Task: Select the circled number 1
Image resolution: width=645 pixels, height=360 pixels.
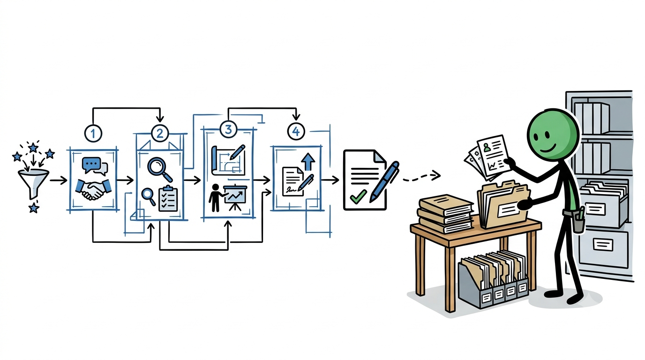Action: click(93, 133)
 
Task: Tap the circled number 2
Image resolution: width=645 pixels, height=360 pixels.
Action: click(160, 133)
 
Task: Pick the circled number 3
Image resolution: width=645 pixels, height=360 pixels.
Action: click(228, 129)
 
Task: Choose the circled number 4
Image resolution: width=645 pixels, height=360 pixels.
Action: click(296, 131)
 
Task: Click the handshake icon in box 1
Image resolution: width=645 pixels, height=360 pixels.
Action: click(93, 189)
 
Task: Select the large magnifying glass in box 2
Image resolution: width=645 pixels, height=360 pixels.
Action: click(160, 170)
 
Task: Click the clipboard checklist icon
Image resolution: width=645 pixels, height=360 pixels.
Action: click(168, 198)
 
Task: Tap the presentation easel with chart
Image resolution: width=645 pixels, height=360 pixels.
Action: click(235, 197)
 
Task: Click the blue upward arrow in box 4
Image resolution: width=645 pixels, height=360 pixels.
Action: click(308, 162)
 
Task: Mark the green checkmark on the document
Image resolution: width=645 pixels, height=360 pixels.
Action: click(358, 196)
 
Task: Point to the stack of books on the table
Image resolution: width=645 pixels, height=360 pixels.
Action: click(445, 214)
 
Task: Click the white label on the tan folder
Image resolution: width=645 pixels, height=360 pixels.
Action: click(509, 210)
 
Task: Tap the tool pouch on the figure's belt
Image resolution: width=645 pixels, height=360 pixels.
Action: click(579, 220)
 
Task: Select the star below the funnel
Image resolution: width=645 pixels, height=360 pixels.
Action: click(34, 207)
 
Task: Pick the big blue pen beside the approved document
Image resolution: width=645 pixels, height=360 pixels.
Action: click(384, 181)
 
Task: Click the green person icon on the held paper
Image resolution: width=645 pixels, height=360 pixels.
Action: click(487, 148)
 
